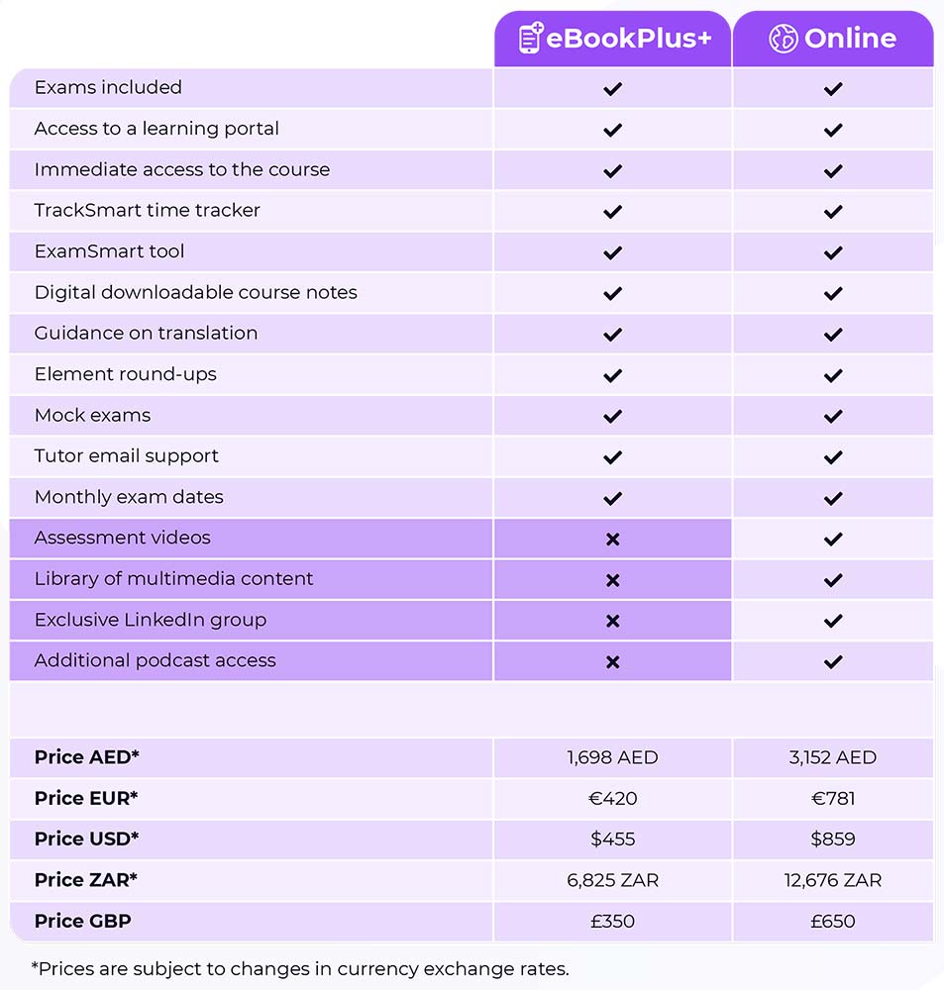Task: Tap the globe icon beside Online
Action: pyautogui.click(x=783, y=39)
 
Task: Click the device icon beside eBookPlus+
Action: pyautogui.click(x=531, y=39)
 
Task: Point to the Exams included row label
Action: pyautogui.click(x=108, y=87)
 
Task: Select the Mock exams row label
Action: pyautogui.click(x=92, y=415)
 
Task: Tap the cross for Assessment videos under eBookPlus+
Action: pyautogui.click(x=612, y=540)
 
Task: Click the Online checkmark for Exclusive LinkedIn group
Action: pyautogui.click(x=833, y=621)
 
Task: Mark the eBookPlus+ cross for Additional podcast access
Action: pyautogui.click(x=612, y=662)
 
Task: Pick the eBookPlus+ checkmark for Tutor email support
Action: pyautogui.click(x=612, y=457)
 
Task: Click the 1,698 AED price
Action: pyautogui.click(x=612, y=757)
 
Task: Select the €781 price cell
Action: pyautogui.click(x=833, y=798)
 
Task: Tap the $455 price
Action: pyautogui.click(x=612, y=839)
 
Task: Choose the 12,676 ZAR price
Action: pyautogui.click(x=833, y=880)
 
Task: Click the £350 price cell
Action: pyautogui.click(x=612, y=921)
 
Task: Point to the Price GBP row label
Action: pyautogui.click(x=83, y=921)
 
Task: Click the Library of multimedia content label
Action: pyautogui.click(x=173, y=578)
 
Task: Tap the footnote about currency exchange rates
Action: pyautogui.click(x=300, y=967)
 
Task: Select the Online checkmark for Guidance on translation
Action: pyautogui.click(x=833, y=335)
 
